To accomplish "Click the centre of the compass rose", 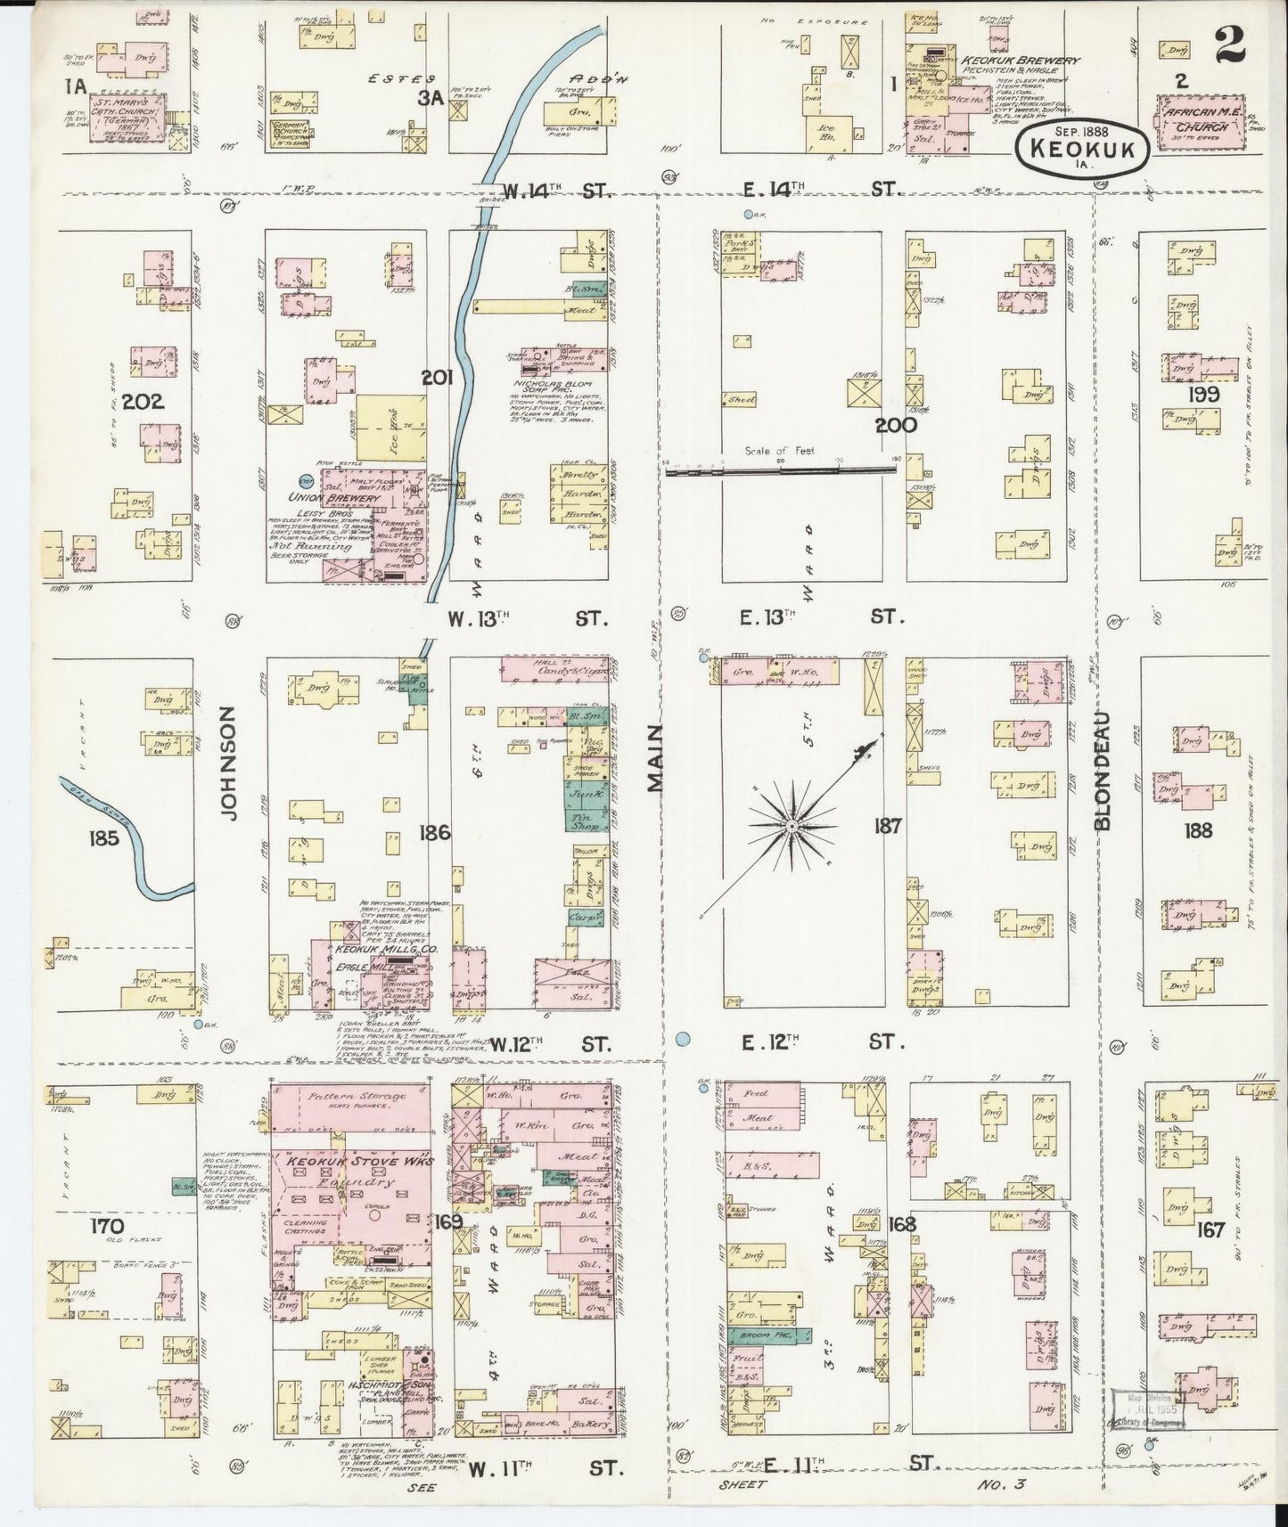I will coord(792,827).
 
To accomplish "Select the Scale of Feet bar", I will coord(781,465).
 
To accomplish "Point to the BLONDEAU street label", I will coord(1103,772).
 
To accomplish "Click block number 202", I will coord(143,402).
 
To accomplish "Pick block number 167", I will coord(1210,1230).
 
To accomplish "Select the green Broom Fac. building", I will coord(770,1335).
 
